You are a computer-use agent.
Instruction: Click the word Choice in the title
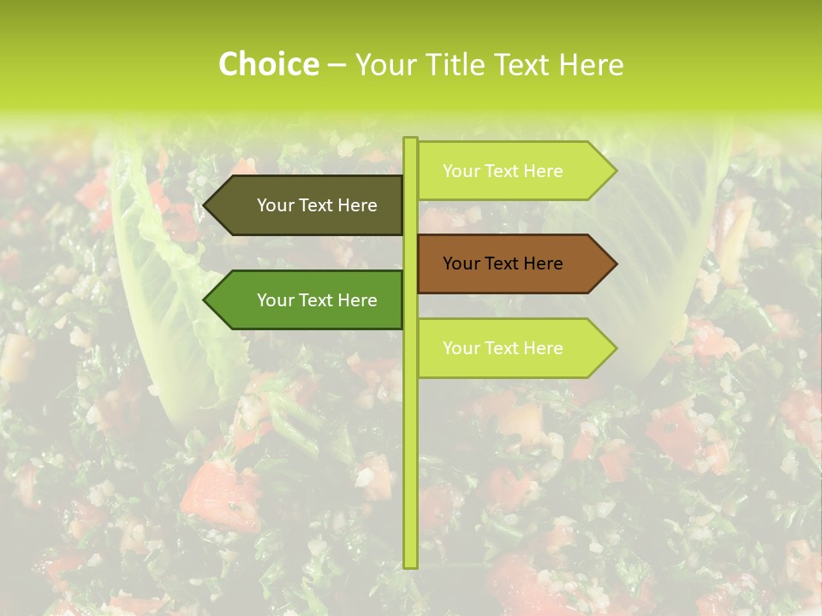click(268, 65)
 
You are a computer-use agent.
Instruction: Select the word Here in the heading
click(591, 65)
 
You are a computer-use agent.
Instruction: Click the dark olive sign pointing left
click(308, 205)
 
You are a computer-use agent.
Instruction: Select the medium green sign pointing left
click(308, 300)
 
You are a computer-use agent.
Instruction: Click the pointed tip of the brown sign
click(613, 264)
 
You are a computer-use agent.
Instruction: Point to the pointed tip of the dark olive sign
click(206, 205)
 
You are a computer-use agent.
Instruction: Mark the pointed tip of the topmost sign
click(613, 171)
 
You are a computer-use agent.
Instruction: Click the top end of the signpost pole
click(410, 140)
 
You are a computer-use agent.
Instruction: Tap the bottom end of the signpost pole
click(410, 565)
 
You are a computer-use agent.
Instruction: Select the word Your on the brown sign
click(461, 264)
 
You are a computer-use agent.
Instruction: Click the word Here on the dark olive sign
click(357, 205)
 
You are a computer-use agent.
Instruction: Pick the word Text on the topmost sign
click(503, 171)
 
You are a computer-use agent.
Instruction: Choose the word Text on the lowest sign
click(503, 348)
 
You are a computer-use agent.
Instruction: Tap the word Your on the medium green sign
click(275, 300)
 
